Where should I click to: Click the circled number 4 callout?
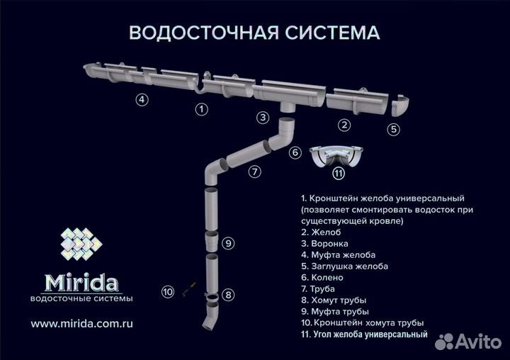click(x=142, y=99)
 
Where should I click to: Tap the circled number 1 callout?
click(x=202, y=109)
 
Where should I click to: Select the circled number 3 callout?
click(x=263, y=118)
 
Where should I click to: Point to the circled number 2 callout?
click(x=344, y=125)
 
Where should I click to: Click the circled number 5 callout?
click(x=394, y=129)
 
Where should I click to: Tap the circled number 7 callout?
click(x=254, y=171)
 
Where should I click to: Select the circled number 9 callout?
click(x=227, y=243)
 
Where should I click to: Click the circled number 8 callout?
click(x=227, y=294)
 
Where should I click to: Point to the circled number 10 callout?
click(x=168, y=291)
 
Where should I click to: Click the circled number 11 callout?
click(x=339, y=172)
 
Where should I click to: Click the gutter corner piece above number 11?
click(x=339, y=154)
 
